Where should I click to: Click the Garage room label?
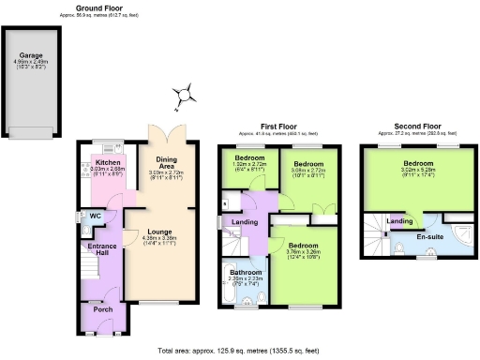click(x=31, y=55)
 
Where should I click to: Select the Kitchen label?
click(x=110, y=161)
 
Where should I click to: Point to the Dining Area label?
click(x=167, y=160)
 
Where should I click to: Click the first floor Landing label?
click(x=246, y=221)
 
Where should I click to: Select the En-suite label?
click(x=428, y=237)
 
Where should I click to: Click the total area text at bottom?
click(x=240, y=350)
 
